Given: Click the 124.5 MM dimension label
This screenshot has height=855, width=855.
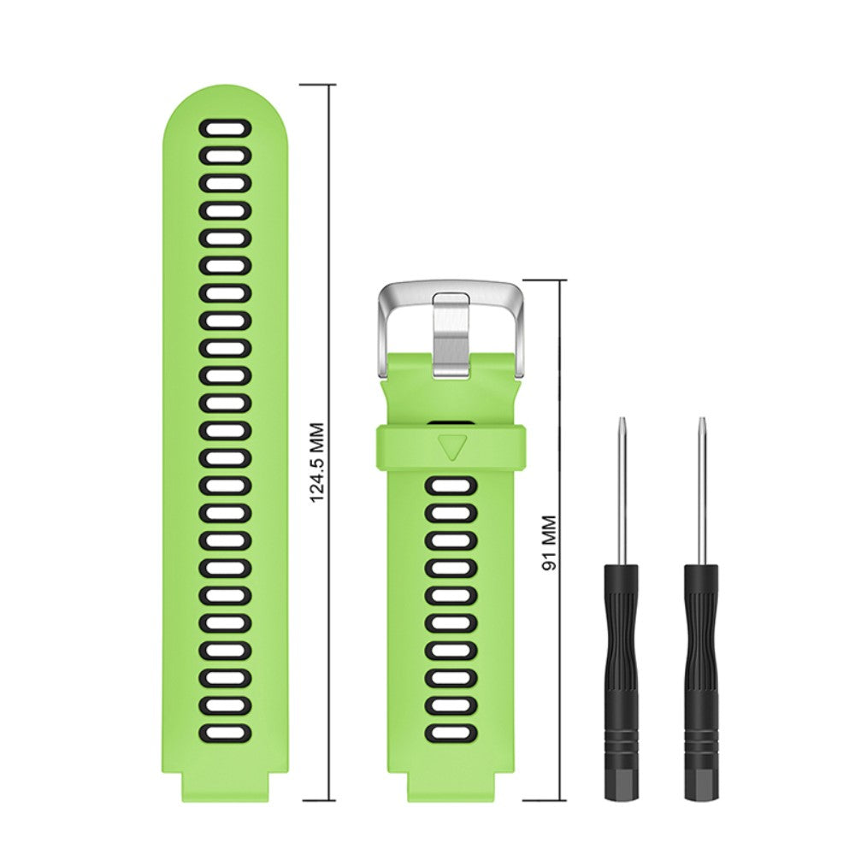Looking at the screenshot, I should click(316, 462).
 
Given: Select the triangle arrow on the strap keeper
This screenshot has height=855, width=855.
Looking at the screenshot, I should click(450, 445).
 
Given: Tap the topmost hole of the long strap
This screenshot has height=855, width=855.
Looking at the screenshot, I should click(226, 129).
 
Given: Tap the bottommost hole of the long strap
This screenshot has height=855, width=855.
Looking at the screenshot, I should click(226, 733).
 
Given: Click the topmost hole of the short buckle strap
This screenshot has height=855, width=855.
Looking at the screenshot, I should click(450, 487).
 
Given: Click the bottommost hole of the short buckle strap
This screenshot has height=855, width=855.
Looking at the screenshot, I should click(450, 734).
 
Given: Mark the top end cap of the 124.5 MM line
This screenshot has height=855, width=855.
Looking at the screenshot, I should click(317, 85).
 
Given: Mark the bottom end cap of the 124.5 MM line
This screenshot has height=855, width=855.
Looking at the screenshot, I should click(317, 801).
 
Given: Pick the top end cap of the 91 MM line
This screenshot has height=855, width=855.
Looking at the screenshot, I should click(545, 280).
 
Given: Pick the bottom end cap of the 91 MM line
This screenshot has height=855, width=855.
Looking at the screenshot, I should click(545, 801).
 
